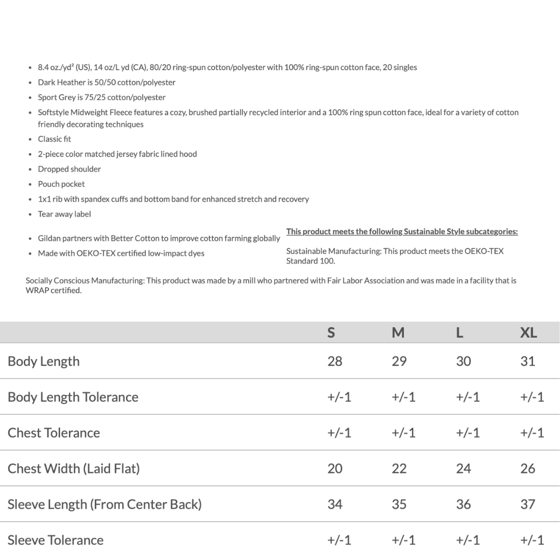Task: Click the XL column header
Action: pos(528,333)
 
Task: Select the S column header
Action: pos(331,333)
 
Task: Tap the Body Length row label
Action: pos(44,361)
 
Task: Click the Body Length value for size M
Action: pos(399,361)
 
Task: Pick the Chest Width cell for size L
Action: pos(463,469)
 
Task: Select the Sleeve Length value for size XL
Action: pos(527,505)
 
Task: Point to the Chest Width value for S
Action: pos(335,469)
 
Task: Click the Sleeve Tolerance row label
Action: pos(55,540)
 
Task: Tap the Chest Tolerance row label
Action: pos(54,433)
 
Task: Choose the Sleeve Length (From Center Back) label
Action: pos(105,505)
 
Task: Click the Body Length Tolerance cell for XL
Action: pos(532,397)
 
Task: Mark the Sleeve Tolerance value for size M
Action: pos(403,540)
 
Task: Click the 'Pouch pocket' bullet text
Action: pos(61,184)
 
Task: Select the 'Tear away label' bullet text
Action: pos(64,214)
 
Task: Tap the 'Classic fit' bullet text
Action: pos(54,139)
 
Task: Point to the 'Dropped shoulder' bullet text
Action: pos(69,169)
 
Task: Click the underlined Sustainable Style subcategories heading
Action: pos(402,232)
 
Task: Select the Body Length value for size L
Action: pos(463,361)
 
